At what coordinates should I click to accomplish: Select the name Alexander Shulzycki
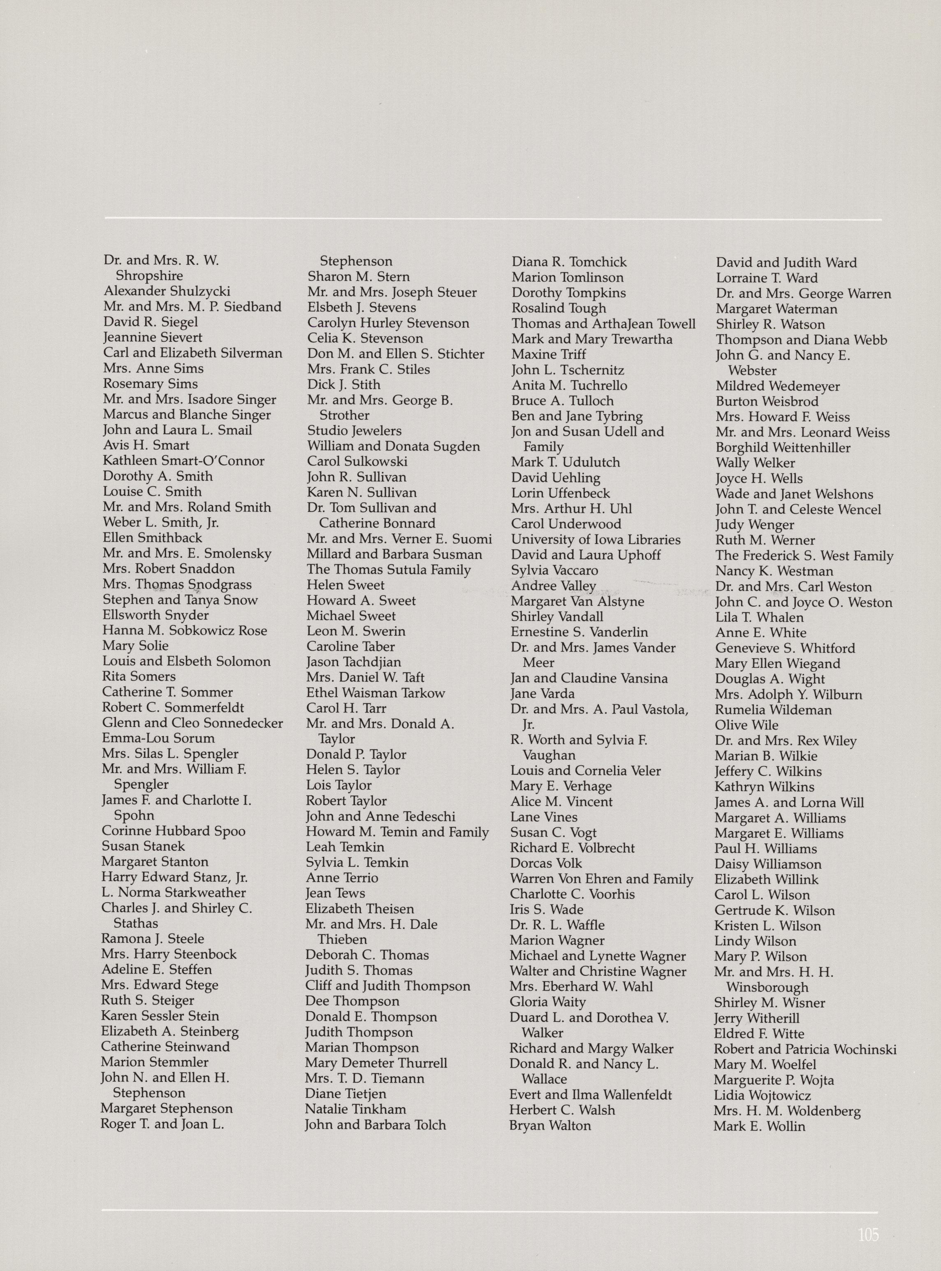tap(167, 292)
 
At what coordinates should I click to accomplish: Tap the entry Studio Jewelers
tap(354, 431)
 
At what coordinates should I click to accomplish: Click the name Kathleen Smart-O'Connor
tap(183, 461)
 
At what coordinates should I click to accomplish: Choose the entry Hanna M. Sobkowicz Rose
tap(185, 630)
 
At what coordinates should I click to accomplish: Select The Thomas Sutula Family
tap(389, 570)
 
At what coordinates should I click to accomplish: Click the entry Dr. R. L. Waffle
tap(557, 925)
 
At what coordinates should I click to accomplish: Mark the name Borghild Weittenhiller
tap(783, 447)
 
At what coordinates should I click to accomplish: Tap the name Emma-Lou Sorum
tap(158, 738)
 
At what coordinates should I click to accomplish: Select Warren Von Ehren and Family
tap(601, 879)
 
